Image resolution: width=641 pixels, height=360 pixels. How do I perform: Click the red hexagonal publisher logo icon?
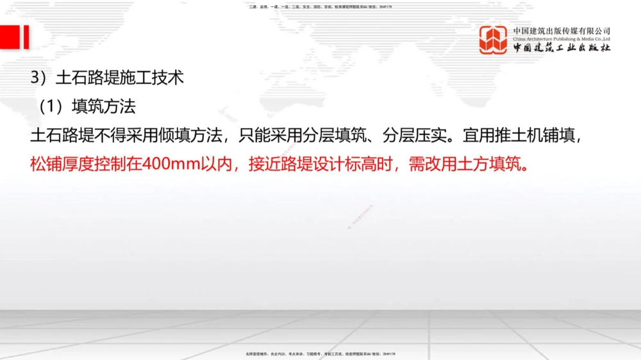493,40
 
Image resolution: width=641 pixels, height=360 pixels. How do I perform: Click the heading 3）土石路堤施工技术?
107,78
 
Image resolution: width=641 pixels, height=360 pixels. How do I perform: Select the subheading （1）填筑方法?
87,106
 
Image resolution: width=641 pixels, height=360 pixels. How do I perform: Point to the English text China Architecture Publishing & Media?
562,39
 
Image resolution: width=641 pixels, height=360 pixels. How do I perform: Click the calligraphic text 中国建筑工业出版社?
562,48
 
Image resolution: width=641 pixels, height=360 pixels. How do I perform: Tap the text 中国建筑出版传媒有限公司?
562,30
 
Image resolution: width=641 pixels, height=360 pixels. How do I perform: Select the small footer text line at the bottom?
320,353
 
